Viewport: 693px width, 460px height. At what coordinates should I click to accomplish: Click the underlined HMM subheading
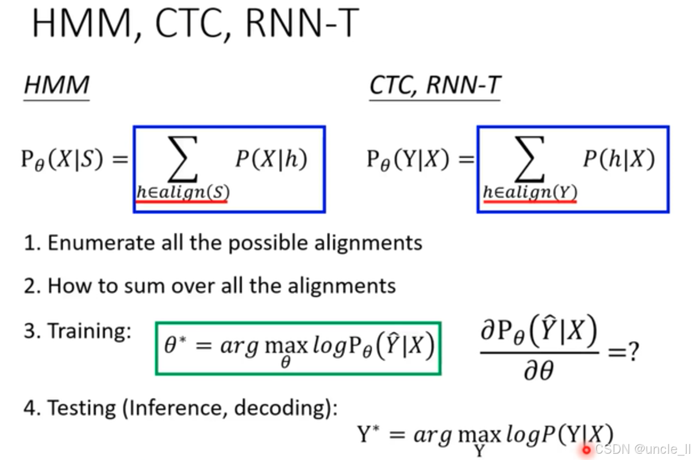(x=56, y=86)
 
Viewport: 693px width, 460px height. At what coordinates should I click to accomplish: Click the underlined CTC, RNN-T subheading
(x=435, y=86)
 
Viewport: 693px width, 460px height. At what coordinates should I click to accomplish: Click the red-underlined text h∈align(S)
(x=182, y=192)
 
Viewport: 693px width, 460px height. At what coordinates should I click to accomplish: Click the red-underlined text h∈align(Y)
(x=529, y=192)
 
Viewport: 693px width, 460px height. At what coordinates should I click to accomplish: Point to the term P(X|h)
(x=271, y=160)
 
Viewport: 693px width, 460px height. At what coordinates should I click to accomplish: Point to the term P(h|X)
(x=618, y=160)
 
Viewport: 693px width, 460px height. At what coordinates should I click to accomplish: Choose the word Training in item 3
(x=89, y=331)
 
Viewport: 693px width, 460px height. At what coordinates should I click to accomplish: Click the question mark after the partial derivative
(x=631, y=352)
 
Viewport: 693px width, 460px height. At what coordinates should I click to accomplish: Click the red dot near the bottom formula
(x=586, y=450)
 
